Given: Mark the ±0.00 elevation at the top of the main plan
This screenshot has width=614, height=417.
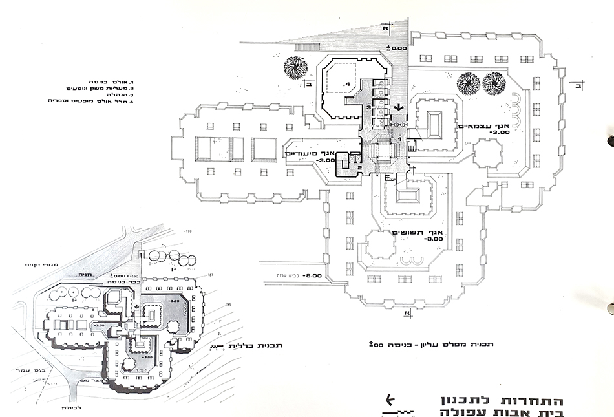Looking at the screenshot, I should click(395, 48).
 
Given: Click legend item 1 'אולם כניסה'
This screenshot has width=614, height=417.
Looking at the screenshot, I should click(112, 83).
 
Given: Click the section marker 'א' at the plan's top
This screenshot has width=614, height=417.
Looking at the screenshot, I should click(385, 29).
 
